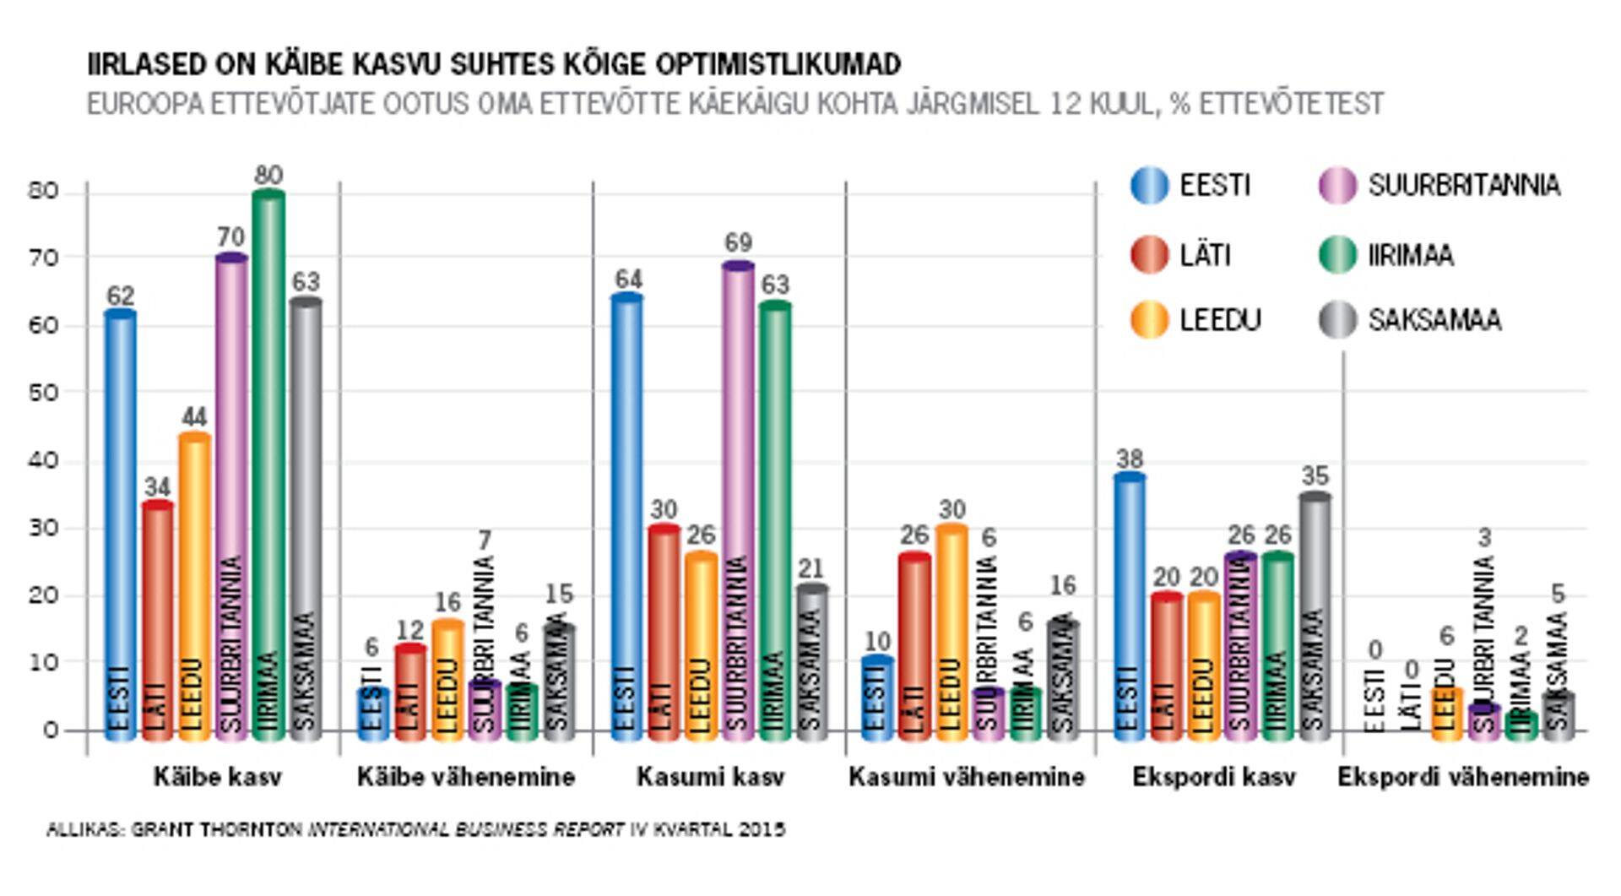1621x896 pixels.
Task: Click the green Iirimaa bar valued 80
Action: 268,464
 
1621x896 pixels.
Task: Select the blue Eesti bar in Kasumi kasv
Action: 626,515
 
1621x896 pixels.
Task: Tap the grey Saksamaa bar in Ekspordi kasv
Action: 1315,616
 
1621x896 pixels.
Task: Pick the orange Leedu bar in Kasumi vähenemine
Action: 951,633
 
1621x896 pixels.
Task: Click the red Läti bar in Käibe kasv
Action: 157,621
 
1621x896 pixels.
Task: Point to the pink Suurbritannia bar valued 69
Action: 738,498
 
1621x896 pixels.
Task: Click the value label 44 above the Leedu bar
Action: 194,416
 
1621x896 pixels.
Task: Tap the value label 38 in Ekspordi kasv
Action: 1129,459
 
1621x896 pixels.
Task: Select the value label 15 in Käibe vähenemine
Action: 558,594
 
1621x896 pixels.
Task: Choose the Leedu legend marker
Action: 1149,320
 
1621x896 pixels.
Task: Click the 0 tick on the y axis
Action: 50,730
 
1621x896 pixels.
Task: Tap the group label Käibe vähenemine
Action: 465,777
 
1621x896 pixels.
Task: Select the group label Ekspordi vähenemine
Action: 1462,777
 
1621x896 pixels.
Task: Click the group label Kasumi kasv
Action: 710,777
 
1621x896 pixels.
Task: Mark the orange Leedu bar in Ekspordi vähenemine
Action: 1447,714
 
